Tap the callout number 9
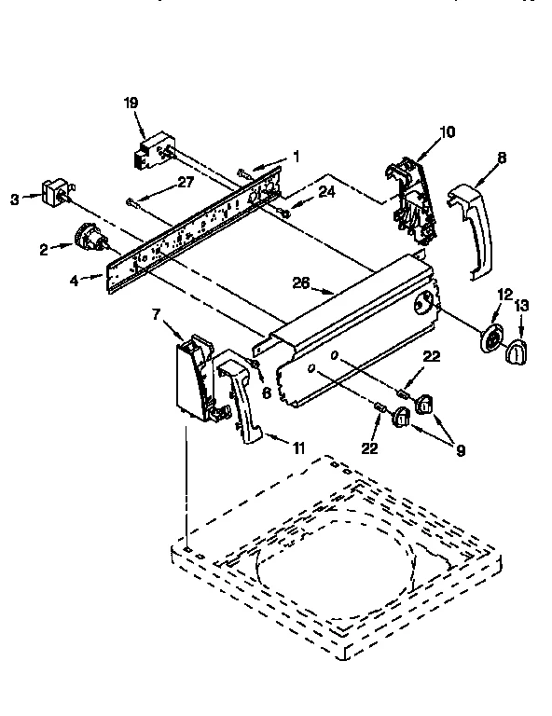[461, 448]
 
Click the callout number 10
[447, 131]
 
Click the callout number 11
[297, 448]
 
